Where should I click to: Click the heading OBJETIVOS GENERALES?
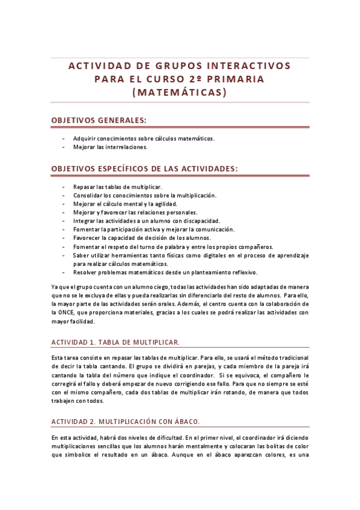[x=99, y=120]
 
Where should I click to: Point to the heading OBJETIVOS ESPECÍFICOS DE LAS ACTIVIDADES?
[x=145, y=169]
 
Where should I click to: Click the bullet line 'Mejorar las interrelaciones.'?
[x=110, y=146]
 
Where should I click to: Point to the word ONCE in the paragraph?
[x=66, y=312]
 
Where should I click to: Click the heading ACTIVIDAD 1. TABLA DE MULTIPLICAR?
[x=115, y=342]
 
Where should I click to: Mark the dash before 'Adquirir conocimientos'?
[x=63, y=138]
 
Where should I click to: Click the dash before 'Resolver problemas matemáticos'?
[x=63, y=272]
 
